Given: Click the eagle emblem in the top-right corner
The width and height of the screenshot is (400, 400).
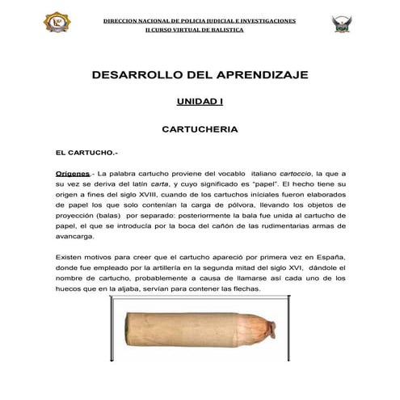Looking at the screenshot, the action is (x=342, y=23).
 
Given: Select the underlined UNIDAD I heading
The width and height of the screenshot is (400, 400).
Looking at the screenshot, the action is (x=200, y=103).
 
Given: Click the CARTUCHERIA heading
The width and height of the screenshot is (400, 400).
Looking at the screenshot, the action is (x=200, y=128).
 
